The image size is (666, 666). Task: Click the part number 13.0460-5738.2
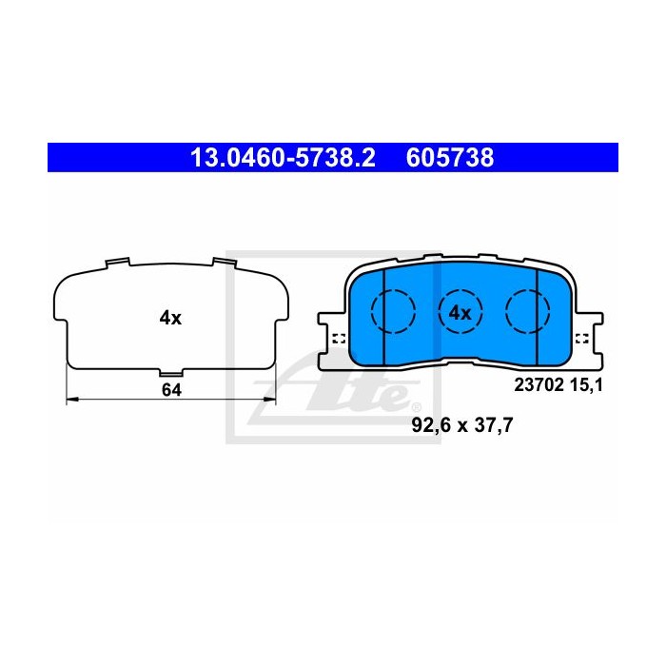(x=283, y=158)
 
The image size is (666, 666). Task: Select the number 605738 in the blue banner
(x=450, y=158)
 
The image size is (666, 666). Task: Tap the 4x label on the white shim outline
(x=170, y=318)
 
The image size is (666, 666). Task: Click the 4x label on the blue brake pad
(x=460, y=313)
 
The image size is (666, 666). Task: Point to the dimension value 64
(x=171, y=390)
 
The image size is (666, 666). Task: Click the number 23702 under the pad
(x=539, y=384)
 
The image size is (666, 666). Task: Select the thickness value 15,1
(x=586, y=384)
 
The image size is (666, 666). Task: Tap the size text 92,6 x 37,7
(x=462, y=424)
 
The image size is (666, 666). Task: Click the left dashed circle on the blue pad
(x=393, y=311)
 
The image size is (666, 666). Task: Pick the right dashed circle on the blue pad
(x=527, y=311)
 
